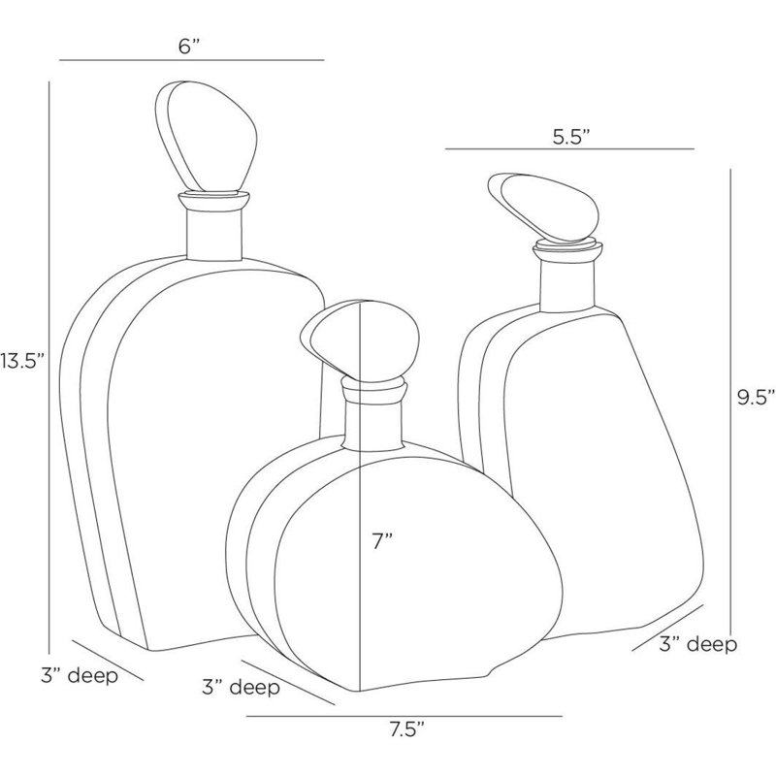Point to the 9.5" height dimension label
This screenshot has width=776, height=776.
[x=755, y=396]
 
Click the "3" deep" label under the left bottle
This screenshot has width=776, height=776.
[x=80, y=676]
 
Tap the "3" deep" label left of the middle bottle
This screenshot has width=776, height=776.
[x=243, y=689]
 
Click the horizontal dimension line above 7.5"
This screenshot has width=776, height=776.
[x=404, y=717]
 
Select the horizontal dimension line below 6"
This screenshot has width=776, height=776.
[x=190, y=61]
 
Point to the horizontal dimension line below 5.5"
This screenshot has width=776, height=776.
[x=569, y=148]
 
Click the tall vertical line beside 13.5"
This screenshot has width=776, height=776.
[x=48, y=362]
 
